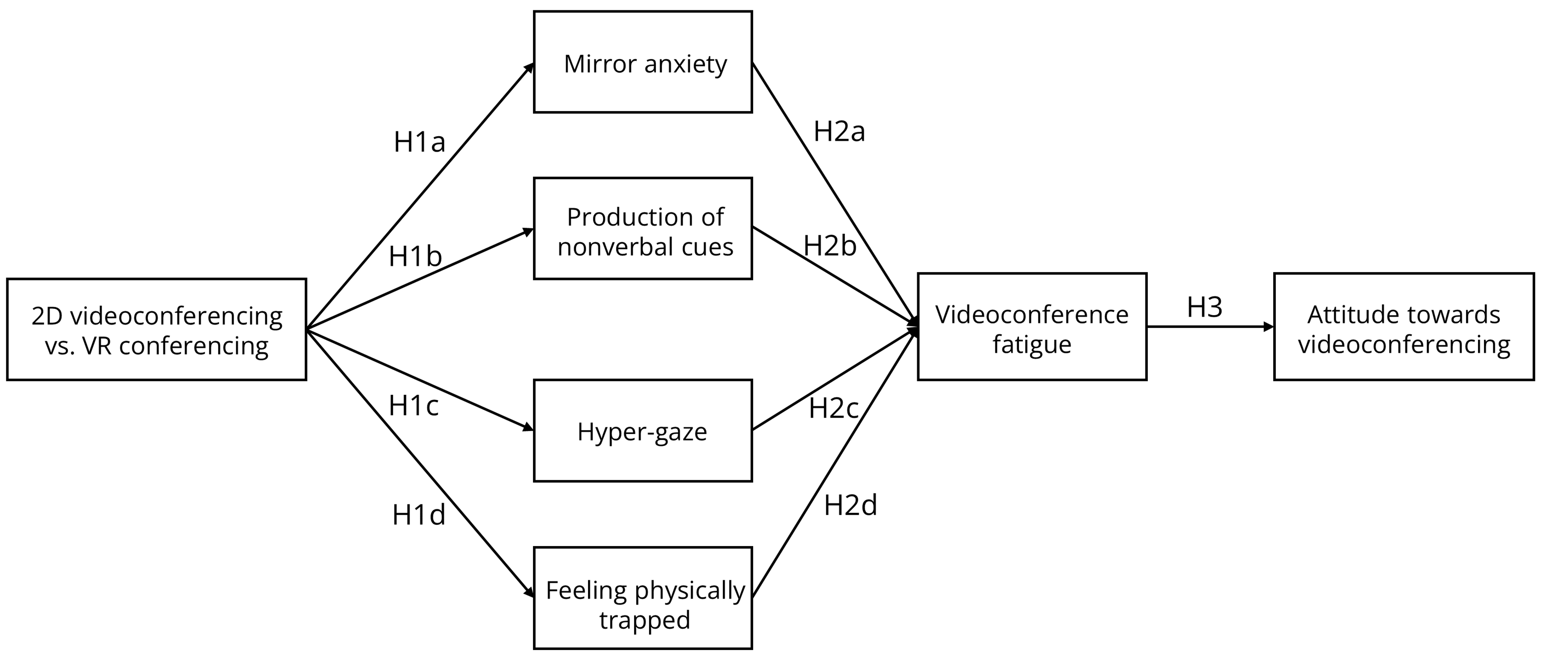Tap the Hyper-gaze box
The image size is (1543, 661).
pyautogui.click(x=643, y=431)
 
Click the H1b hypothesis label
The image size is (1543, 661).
pyautogui.click(x=415, y=257)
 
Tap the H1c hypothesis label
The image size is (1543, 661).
pyautogui.click(x=414, y=406)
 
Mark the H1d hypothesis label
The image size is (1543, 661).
pyautogui.click(x=418, y=515)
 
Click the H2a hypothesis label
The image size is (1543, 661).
pyautogui.click(x=839, y=132)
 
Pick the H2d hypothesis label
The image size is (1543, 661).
pyautogui.click(x=850, y=505)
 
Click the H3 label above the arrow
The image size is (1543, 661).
pyautogui.click(x=1204, y=308)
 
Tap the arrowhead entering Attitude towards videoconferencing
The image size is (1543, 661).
pyautogui.click(x=1268, y=327)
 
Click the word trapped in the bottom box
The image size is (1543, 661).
pyautogui.click(x=645, y=620)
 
